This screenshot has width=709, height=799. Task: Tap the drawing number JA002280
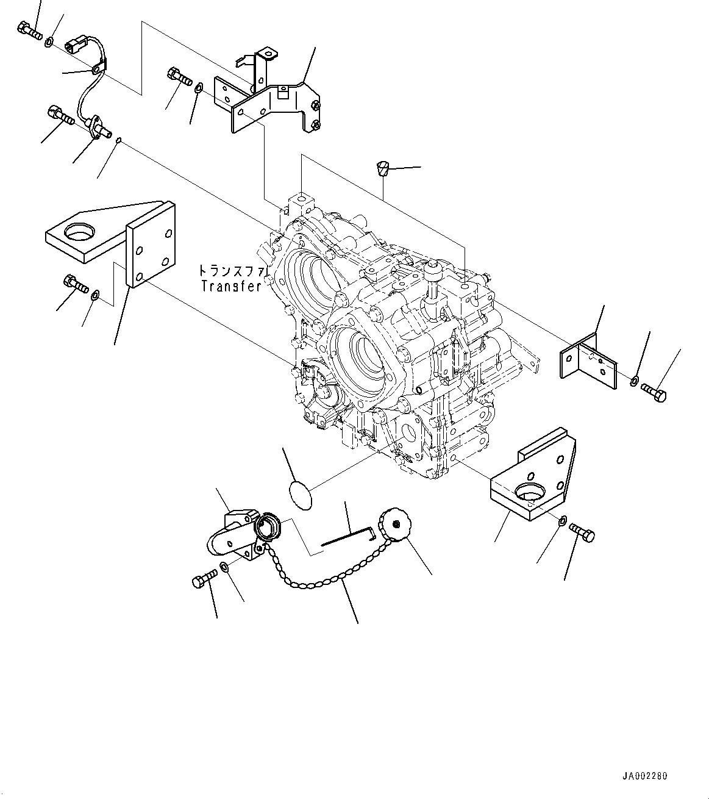tap(644, 776)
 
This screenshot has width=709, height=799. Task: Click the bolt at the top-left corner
tap(29, 30)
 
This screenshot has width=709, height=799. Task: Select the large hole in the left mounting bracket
tap(80, 231)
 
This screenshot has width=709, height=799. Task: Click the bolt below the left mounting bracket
tap(75, 284)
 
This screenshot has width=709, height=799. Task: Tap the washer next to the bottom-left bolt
tap(224, 568)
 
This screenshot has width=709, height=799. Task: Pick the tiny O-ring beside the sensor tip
tap(119, 142)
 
